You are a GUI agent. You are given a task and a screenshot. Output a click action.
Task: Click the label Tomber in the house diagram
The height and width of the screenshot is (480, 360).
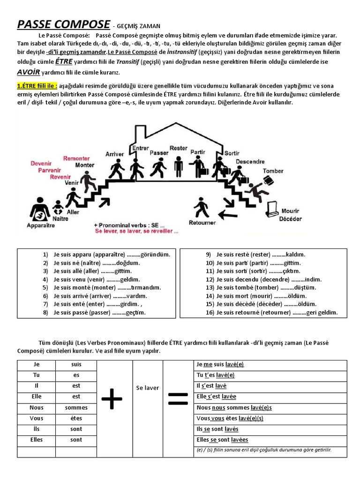(x=273, y=171)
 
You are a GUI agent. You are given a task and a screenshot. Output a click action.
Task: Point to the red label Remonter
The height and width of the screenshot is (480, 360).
(x=76, y=159)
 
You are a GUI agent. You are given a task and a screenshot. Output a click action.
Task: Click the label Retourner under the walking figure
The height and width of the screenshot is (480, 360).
(x=202, y=223)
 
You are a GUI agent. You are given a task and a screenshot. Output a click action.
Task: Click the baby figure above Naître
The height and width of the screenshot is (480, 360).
(x=58, y=208)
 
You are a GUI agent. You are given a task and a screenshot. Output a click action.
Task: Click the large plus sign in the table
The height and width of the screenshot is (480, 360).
(x=112, y=401)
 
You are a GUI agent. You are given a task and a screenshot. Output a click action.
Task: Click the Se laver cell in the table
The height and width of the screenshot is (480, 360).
(x=147, y=388)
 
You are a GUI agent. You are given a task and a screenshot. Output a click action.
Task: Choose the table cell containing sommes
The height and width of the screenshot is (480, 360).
(x=76, y=408)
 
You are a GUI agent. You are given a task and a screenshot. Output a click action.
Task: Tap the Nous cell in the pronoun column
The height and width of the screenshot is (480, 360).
(x=36, y=408)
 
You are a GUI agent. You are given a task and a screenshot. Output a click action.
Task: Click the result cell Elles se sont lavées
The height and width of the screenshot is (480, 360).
(x=223, y=440)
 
